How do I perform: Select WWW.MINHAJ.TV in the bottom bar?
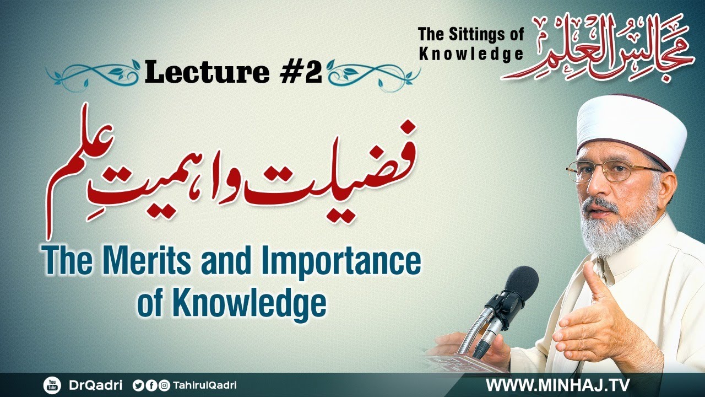click(557, 385)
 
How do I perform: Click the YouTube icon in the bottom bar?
click(52, 385)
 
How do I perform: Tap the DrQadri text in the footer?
click(96, 385)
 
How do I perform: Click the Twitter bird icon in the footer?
click(138, 385)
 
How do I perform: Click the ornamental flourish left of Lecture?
click(94, 73)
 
